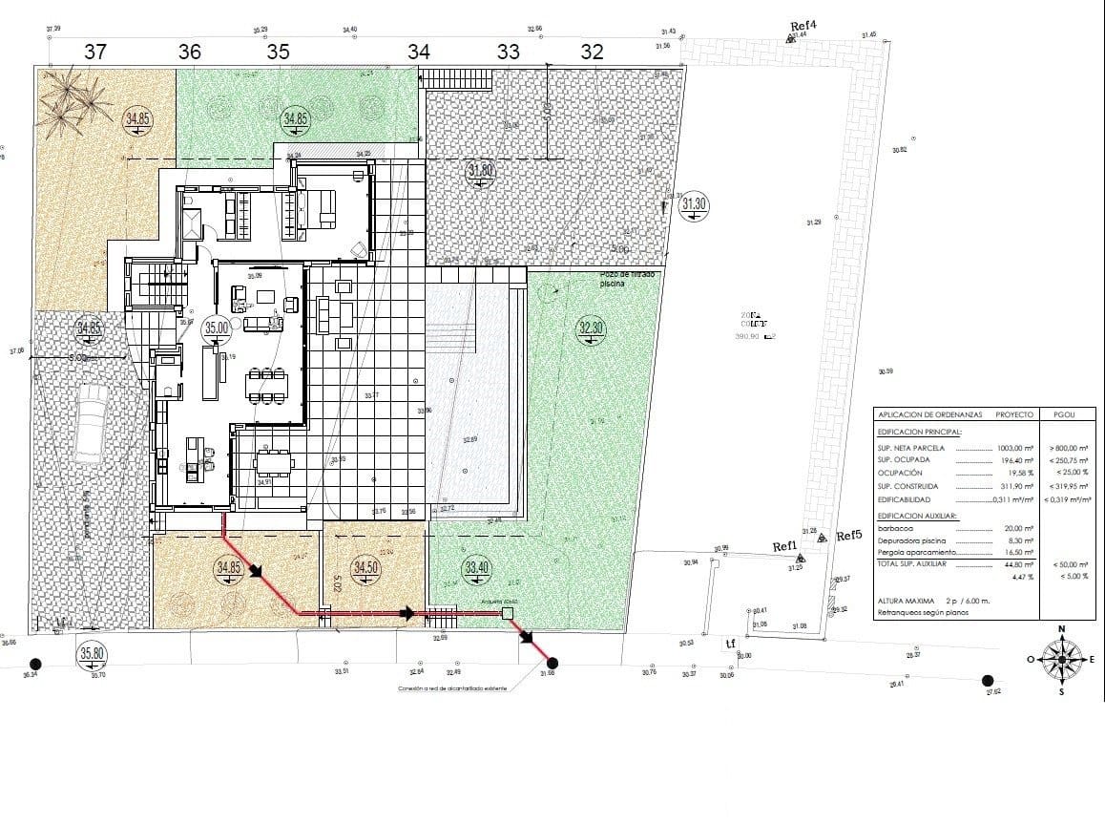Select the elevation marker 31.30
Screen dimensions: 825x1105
point(694,203)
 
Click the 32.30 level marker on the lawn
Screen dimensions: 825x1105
point(591,328)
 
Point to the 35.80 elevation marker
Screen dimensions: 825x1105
point(93,654)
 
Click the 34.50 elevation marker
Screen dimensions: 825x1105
point(365,567)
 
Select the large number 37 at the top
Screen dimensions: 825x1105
point(95,53)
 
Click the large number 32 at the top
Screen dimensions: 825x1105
point(592,53)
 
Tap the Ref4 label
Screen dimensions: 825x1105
point(804,26)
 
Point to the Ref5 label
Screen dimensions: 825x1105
point(849,536)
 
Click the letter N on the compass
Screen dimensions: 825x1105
point(1062,628)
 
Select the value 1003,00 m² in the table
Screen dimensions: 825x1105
point(1015,447)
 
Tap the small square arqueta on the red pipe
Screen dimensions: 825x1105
point(508,615)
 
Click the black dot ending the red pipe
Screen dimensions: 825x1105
point(552,663)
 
